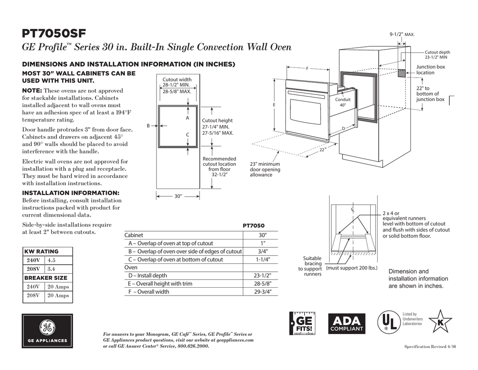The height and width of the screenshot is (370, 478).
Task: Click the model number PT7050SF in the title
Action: pyautogui.click(x=54, y=34)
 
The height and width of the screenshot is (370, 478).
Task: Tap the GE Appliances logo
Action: pyautogui.click(x=47, y=330)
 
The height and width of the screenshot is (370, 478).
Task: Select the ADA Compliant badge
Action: pyautogui.click(x=346, y=323)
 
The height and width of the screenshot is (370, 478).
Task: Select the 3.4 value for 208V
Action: pyautogui.click(x=52, y=269)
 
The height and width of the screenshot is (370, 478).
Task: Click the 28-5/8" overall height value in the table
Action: pyautogui.click(x=263, y=283)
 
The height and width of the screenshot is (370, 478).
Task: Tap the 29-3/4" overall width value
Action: pyautogui.click(x=263, y=292)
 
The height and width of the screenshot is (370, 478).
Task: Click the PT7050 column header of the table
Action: pyautogui.click(x=254, y=226)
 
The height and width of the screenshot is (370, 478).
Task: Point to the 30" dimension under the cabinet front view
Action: pyautogui.click(x=178, y=196)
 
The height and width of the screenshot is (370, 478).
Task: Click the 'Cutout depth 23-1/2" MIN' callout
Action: pyautogui.click(x=437, y=54)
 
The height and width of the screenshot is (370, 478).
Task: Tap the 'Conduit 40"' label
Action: pyautogui.click(x=343, y=102)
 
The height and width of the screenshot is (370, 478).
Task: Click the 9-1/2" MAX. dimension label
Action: pyautogui.click(x=402, y=35)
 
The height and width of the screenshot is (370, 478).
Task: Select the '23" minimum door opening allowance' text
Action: pyautogui.click(x=265, y=169)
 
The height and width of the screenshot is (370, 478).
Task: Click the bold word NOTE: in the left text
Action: pyautogui.click(x=32, y=90)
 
